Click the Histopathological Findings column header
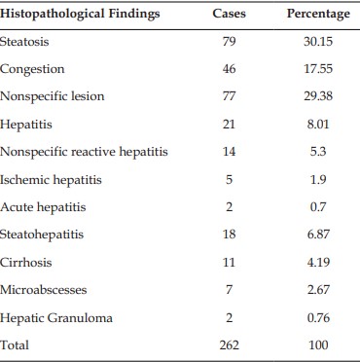click(x=80, y=14)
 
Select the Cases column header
click(x=229, y=14)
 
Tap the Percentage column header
click(x=318, y=14)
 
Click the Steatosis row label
click(x=24, y=41)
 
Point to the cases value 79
click(x=229, y=41)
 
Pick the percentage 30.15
click(x=318, y=41)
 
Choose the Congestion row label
click(x=32, y=69)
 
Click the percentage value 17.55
click(x=318, y=69)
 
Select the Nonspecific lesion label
click(x=53, y=96)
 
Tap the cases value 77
click(x=229, y=96)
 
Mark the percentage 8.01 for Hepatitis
click(x=318, y=124)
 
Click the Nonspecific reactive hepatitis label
click(x=84, y=152)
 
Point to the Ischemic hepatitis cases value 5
click(x=229, y=179)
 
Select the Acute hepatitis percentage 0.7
click(x=318, y=206)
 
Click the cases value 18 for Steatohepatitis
click(x=229, y=235)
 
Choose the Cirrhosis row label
click(x=26, y=262)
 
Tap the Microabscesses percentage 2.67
click(x=318, y=289)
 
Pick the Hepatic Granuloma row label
click(x=56, y=317)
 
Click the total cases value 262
click(x=229, y=344)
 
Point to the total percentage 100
click(x=318, y=344)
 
